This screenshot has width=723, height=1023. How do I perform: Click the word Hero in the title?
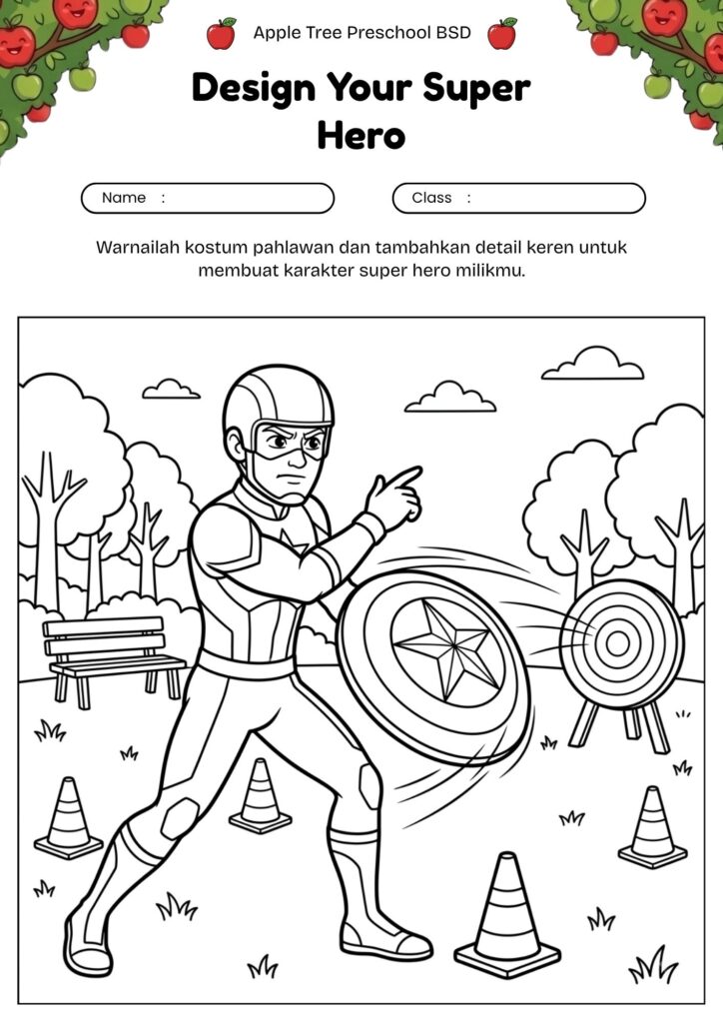(x=361, y=136)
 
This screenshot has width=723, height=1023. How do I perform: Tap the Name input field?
(x=208, y=198)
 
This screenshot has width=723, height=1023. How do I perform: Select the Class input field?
(x=519, y=198)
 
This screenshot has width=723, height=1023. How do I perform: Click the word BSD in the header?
(x=453, y=32)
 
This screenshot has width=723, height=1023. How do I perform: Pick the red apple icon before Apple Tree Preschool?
(x=221, y=34)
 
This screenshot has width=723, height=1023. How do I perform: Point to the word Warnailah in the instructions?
(x=139, y=248)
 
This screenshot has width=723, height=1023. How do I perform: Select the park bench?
(x=112, y=660)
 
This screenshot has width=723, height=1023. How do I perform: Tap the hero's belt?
(x=247, y=664)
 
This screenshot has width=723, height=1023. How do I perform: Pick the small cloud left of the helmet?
(x=171, y=390)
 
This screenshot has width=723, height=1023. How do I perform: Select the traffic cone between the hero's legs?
(x=260, y=796)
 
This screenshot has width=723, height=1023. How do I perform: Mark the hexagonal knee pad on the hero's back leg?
(x=180, y=816)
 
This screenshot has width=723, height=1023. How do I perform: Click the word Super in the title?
(x=476, y=88)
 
